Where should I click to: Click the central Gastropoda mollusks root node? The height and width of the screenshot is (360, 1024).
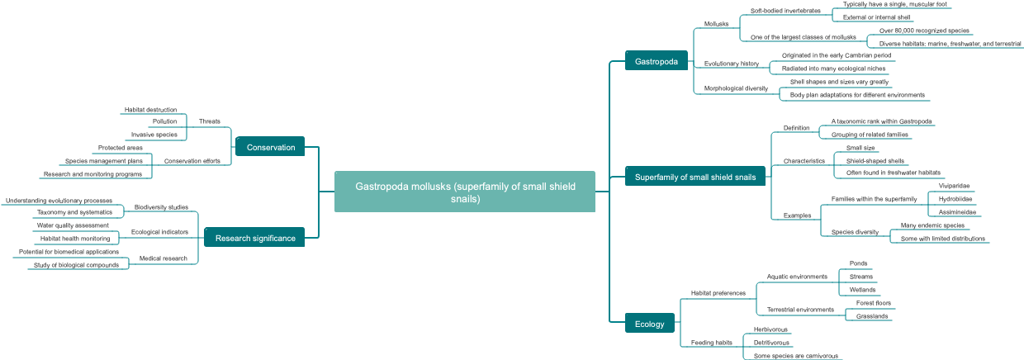[x=464, y=192]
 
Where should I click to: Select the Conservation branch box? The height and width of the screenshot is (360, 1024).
[x=270, y=147]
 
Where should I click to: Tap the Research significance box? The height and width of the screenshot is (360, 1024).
[x=254, y=238]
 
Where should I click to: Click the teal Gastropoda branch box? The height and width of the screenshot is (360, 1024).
[x=657, y=61]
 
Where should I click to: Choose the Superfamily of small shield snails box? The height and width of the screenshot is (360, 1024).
[x=695, y=177]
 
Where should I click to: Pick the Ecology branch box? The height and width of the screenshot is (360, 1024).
[x=649, y=324]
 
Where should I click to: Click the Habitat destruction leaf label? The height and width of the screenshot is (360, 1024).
[x=150, y=109]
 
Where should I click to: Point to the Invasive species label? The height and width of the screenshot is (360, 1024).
[x=154, y=135]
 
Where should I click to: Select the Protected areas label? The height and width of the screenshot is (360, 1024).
[x=120, y=148]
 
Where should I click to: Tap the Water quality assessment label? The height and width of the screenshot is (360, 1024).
[x=73, y=225]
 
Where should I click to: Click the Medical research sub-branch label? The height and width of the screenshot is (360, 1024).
[x=163, y=258]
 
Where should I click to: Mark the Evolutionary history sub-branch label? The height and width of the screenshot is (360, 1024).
[x=731, y=64]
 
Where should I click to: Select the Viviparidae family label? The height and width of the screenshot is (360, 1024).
[x=954, y=186]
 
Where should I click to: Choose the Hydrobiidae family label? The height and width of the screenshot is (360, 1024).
[x=955, y=199]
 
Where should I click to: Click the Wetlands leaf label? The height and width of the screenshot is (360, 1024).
[x=862, y=290]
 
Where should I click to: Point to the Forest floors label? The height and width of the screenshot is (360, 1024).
[x=874, y=303]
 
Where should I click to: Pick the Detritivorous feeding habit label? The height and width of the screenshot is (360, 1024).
[x=771, y=343]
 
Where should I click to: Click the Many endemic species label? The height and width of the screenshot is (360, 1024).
[x=932, y=225]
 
